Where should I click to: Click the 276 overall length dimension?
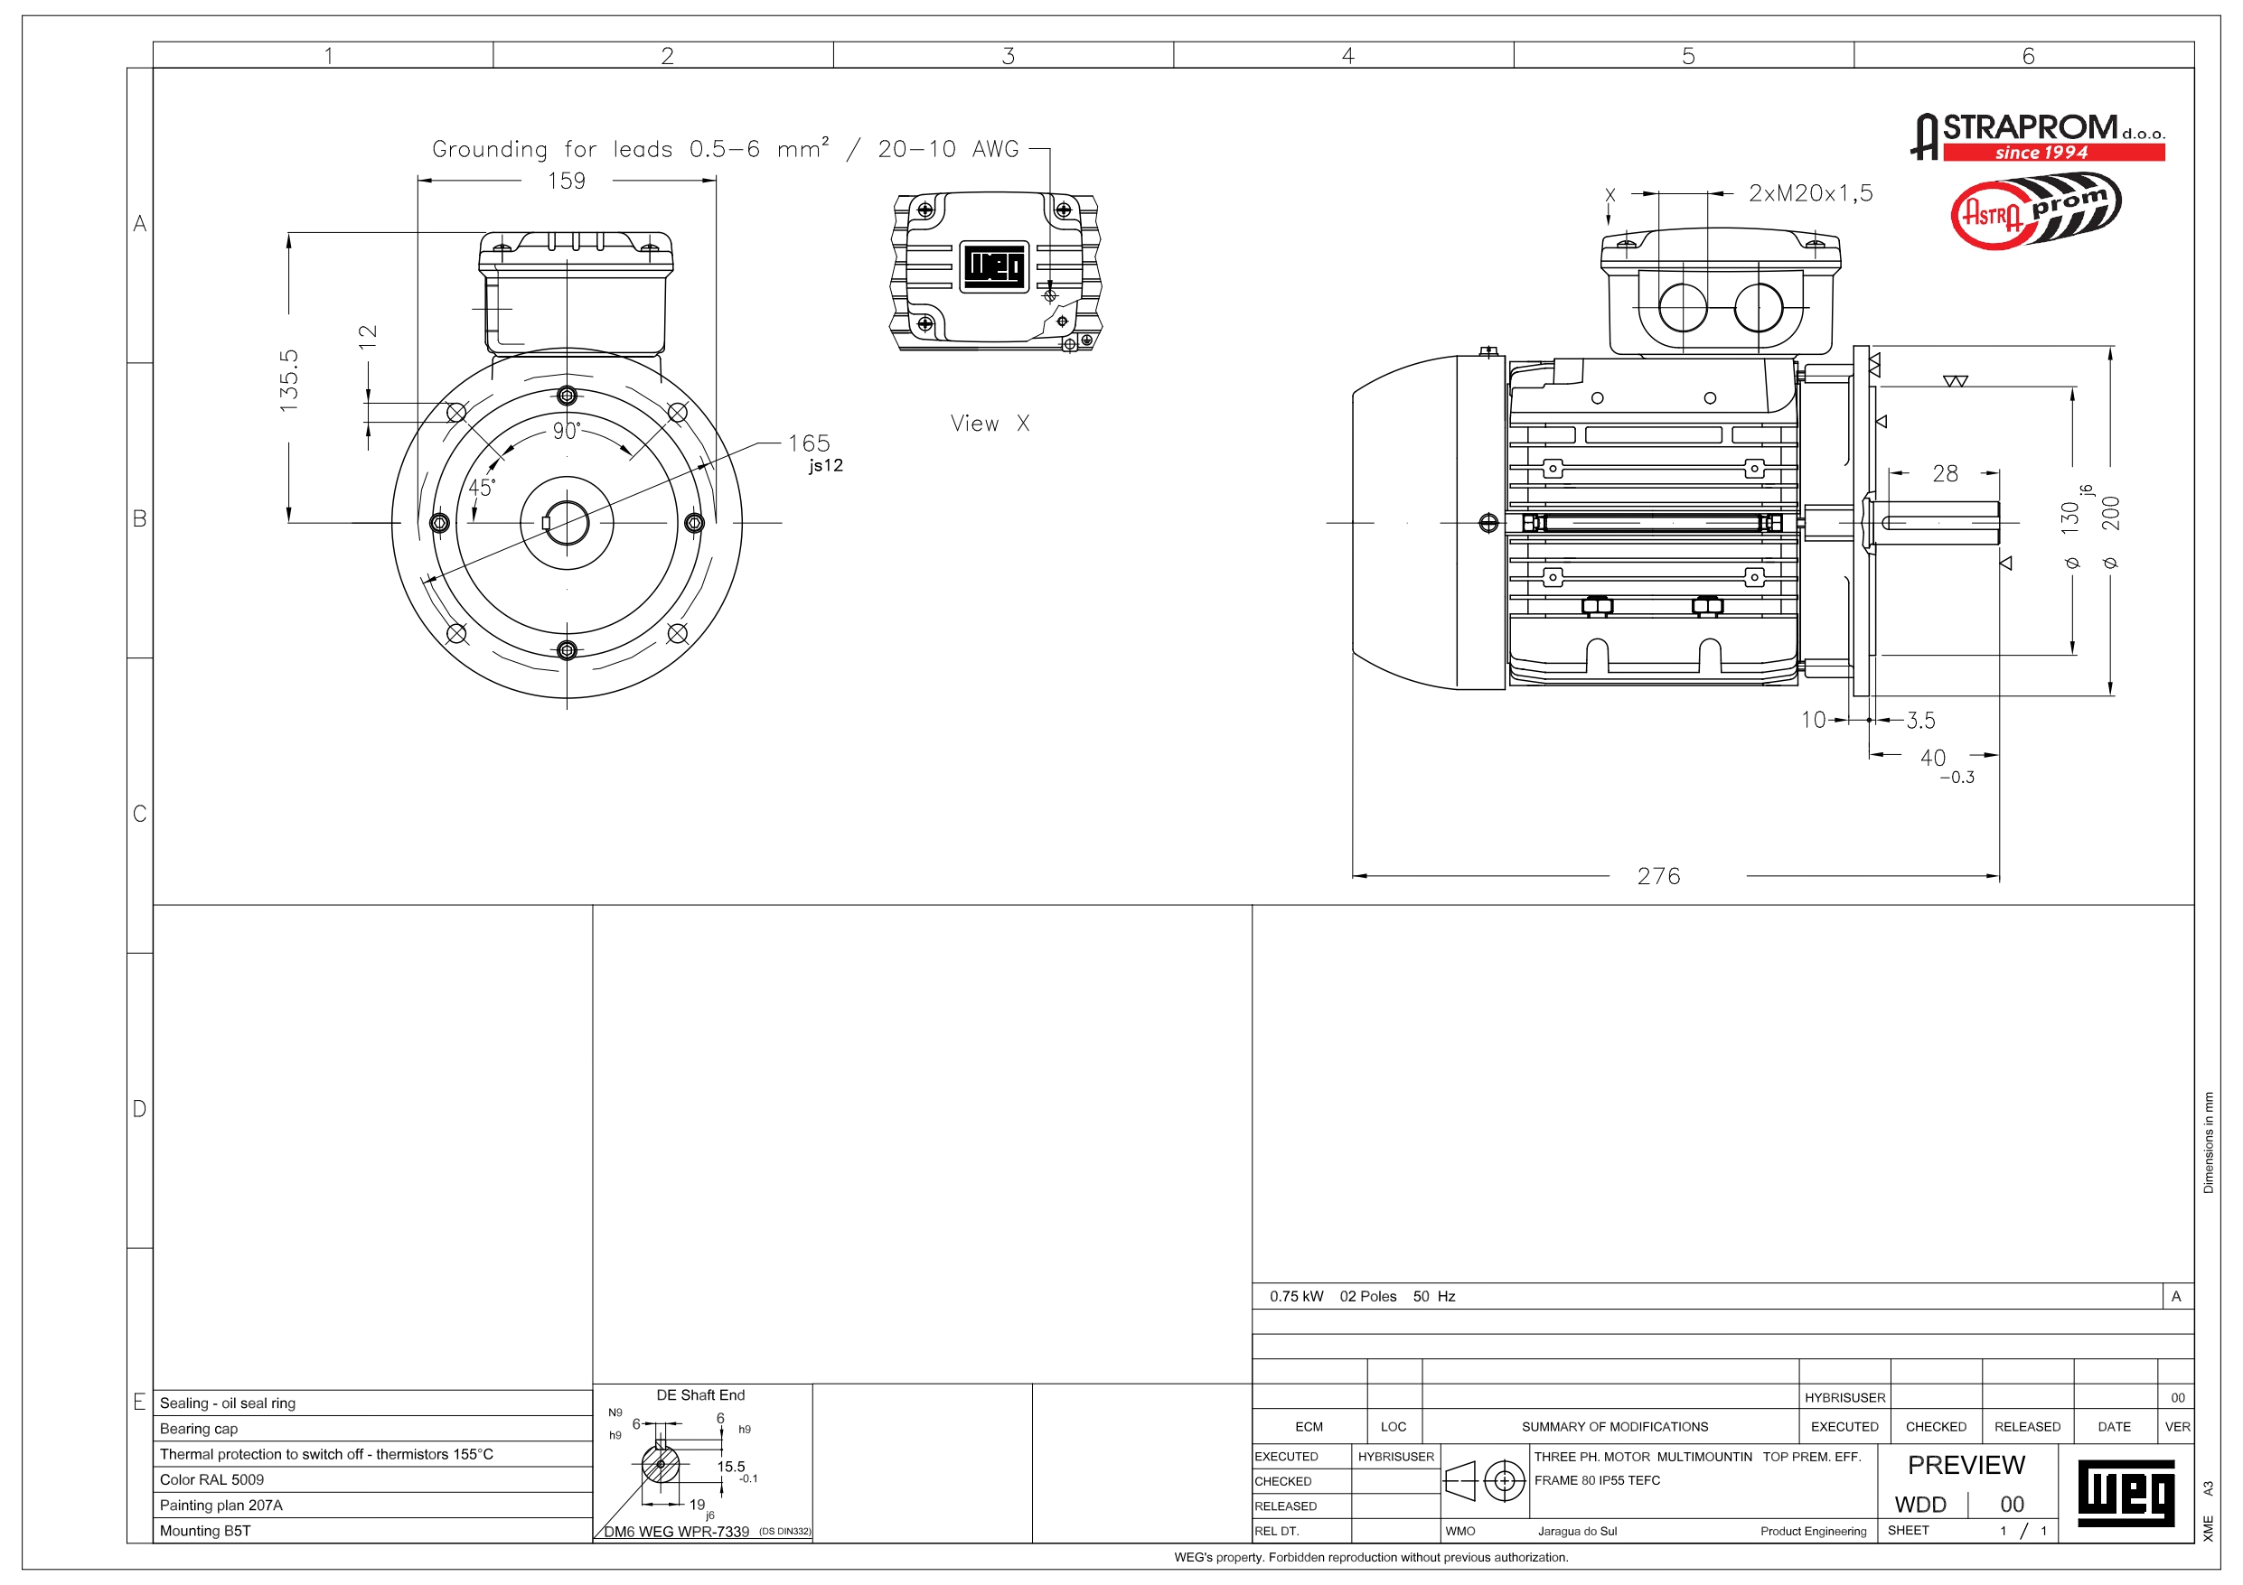[x=1659, y=876]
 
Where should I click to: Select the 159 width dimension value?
[x=567, y=181]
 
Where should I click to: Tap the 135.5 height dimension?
[x=289, y=379]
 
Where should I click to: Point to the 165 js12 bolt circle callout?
[x=815, y=453]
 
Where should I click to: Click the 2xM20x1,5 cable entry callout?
[x=1810, y=193]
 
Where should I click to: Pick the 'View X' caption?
[x=990, y=423]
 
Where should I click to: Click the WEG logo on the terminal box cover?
[x=994, y=266]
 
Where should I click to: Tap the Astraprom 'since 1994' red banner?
[x=2053, y=153]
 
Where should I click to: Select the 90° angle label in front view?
[x=567, y=431]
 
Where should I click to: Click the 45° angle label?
[x=482, y=487]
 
